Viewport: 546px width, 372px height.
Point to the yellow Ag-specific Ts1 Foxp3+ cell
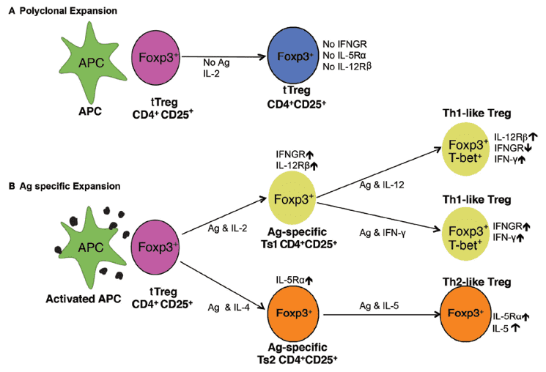coord(291,198)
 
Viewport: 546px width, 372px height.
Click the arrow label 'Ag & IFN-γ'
coord(382,232)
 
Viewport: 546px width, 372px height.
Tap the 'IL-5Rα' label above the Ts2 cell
coord(294,279)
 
